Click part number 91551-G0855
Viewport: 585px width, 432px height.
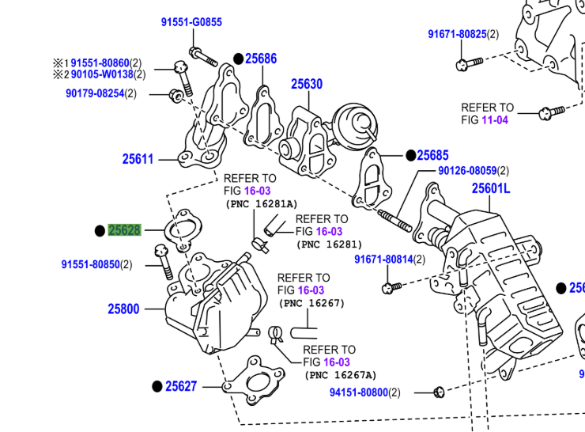(191, 22)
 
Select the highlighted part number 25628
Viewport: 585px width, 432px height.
(124, 230)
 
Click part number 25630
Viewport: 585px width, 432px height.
(306, 84)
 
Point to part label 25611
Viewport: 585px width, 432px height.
(138, 159)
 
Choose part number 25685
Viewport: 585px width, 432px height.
(432, 155)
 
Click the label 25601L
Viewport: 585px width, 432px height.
(491, 188)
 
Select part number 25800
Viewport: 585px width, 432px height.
(124, 309)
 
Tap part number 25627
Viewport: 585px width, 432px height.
(181, 386)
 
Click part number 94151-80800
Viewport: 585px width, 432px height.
(359, 392)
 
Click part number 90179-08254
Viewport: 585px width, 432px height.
(95, 93)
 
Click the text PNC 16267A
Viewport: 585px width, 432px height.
(342, 375)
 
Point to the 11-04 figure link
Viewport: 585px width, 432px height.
(495, 119)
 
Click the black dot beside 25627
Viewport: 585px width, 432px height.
(157, 386)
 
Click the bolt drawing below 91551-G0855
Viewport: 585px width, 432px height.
(203, 57)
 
